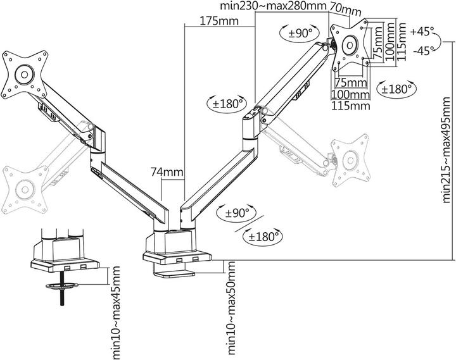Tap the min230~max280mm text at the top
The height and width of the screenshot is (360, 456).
pyautogui.click(x=273, y=6)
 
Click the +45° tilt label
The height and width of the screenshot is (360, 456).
pyautogui.click(x=422, y=30)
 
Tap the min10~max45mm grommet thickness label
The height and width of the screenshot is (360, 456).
pyautogui.click(x=115, y=311)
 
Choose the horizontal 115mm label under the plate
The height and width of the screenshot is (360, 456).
pyautogui.click(x=350, y=105)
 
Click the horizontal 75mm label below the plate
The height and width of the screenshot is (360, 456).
pyautogui.click(x=350, y=83)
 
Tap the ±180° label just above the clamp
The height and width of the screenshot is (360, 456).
pyautogui.click(x=262, y=237)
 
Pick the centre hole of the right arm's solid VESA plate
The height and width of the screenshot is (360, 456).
pyautogui.click(x=350, y=46)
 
